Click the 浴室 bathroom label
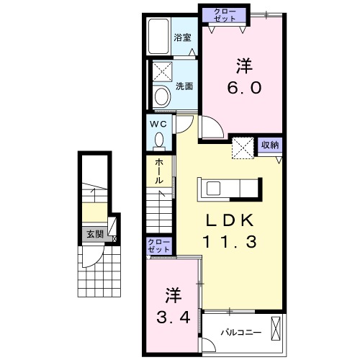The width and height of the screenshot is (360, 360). (x=183, y=37)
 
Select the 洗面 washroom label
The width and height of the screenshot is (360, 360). (x=184, y=86)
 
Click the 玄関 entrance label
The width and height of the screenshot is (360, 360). (x=95, y=234)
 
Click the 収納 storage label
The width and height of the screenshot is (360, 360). (x=270, y=144)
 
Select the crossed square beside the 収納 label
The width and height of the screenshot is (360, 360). (x=243, y=148)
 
